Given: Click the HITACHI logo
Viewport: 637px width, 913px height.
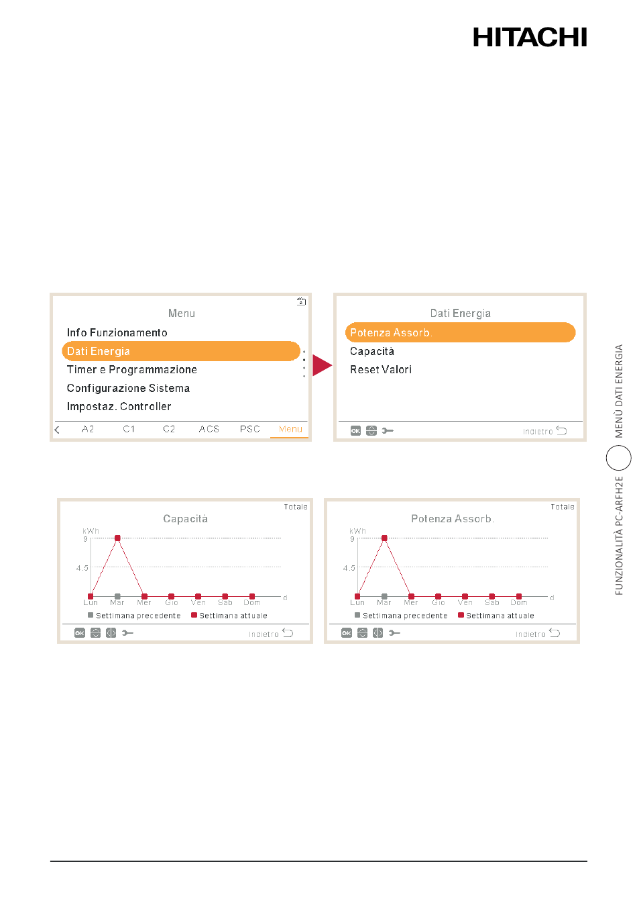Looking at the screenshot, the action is click(x=529, y=37).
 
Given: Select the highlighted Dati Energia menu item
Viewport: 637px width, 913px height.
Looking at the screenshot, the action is click(x=181, y=351).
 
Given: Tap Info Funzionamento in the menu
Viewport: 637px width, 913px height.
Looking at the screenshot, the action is click(x=117, y=332).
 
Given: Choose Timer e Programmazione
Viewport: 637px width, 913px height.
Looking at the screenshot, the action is click(x=132, y=369).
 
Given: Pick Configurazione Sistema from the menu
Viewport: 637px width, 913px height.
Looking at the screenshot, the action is click(x=128, y=388).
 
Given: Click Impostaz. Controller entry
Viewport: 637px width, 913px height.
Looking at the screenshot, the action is click(x=119, y=406).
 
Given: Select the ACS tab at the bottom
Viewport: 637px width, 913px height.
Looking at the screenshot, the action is click(x=209, y=429).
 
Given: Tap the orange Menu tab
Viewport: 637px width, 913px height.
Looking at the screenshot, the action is click(x=290, y=429).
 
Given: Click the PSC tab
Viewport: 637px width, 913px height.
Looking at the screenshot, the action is click(x=249, y=429).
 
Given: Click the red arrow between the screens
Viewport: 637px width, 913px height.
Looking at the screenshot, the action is click(x=322, y=365).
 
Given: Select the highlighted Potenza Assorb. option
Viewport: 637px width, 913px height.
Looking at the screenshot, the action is click(x=460, y=332).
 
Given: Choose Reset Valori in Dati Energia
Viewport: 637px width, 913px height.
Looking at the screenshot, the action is click(x=381, y=369).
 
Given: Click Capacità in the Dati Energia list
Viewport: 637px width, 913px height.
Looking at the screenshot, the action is click(x=372, y=351).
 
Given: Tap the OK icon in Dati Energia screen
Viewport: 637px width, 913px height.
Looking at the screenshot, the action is click(x=355, y=430).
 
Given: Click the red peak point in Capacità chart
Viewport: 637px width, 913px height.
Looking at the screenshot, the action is click(x=117, y=538).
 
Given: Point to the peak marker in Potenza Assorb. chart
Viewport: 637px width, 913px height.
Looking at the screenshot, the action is click(x=384, y=538).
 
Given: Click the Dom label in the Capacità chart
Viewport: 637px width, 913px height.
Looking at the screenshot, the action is click(x=251, y=602).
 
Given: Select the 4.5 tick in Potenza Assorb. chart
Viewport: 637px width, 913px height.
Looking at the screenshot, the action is click(x=349, y=568).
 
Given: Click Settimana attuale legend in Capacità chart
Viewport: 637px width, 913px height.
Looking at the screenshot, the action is click(x=229, y=616).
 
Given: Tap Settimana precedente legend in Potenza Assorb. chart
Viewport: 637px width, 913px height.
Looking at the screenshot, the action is click(x=401, y=616).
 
